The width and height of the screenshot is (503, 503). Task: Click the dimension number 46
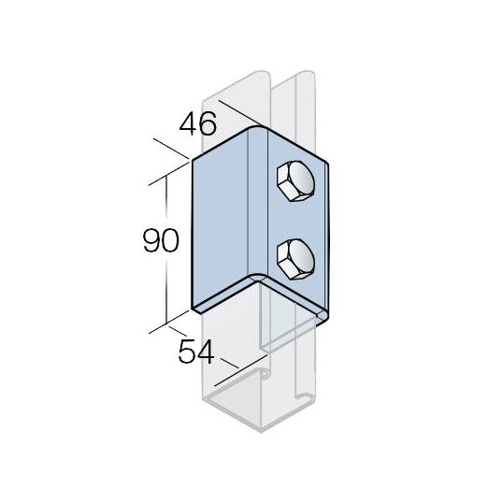[197, 123]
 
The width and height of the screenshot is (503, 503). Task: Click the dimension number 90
[161, 240]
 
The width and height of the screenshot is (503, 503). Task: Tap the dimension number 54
[196, 352]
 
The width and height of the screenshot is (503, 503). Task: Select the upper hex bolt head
[295, 181]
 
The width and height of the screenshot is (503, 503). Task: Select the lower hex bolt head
[295, 259]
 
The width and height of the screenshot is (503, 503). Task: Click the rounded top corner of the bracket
[258, 129]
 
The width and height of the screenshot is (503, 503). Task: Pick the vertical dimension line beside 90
[166, 250]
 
